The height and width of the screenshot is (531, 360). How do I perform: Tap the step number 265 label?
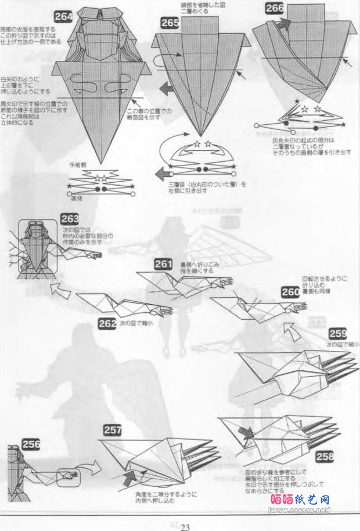point(170,23)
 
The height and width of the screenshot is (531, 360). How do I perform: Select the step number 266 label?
point(275,8)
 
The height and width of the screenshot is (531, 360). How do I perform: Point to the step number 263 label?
point(70,220)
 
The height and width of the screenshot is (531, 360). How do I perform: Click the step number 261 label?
point(163,265)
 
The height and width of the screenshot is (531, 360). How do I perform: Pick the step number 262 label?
point(107,324)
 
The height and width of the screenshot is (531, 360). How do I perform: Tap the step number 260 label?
point(290,292)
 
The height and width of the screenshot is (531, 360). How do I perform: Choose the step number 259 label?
point(337,333)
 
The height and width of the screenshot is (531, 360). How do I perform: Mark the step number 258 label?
point(326,456)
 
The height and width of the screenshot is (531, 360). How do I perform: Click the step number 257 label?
point(113,429)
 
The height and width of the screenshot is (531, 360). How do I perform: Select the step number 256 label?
point(31,444)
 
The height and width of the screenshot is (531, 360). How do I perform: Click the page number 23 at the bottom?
point(185,526)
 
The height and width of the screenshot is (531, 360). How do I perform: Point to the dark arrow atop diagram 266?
point(284,24)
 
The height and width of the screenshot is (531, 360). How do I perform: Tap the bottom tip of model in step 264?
point(101,162)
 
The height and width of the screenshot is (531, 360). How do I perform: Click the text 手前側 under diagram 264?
point(78,165)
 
